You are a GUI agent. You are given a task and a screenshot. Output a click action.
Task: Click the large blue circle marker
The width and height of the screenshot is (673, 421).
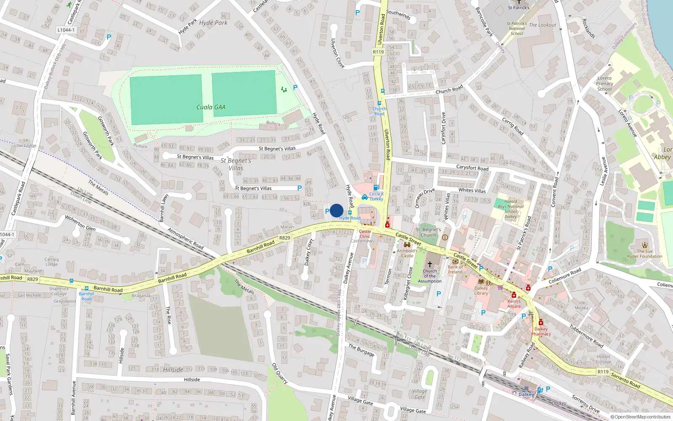tap(336, 210)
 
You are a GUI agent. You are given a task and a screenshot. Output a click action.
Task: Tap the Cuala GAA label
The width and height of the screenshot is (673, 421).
tap(211, 107)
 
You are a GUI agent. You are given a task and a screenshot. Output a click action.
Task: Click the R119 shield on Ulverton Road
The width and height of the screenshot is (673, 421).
tap(378, 52)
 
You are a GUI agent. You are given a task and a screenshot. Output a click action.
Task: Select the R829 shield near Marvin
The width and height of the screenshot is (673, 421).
tap(285, 238)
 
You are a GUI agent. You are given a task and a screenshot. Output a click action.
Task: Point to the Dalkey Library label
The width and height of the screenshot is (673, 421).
tap(481, 290)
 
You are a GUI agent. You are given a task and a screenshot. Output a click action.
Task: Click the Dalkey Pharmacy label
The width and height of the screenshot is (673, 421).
tap(541, 331)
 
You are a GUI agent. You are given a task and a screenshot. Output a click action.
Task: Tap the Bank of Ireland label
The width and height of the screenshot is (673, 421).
tap(455, 269)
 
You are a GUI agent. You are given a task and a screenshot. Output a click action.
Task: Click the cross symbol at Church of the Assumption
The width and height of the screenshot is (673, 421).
tap(430, 264)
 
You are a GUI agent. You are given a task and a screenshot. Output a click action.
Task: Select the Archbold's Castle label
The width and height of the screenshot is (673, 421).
tap(407, 253)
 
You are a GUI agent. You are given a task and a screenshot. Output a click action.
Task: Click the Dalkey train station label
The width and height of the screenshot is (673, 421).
tap(526, 394)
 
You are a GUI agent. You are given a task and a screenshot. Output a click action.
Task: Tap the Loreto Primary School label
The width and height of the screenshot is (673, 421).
tap(604, 83)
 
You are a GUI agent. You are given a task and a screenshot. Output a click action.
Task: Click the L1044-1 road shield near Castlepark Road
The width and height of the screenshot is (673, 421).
tap(66, 30)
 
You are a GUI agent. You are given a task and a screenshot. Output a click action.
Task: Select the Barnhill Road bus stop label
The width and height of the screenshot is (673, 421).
tap(86, 296)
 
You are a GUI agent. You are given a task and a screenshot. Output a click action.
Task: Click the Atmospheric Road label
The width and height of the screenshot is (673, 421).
tap(185, 238)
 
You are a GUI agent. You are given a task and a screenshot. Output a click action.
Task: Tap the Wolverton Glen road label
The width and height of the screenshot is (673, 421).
tap(80, 222)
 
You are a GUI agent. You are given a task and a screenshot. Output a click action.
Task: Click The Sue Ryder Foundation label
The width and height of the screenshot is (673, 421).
tap(645, 253)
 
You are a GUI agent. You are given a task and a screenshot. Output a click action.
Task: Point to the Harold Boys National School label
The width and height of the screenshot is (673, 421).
tap(511, 209)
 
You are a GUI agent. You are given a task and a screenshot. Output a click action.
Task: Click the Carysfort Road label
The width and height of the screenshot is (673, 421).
tap(472, 168)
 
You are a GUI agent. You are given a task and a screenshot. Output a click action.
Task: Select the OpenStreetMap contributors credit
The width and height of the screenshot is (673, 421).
tap(641, 417)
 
